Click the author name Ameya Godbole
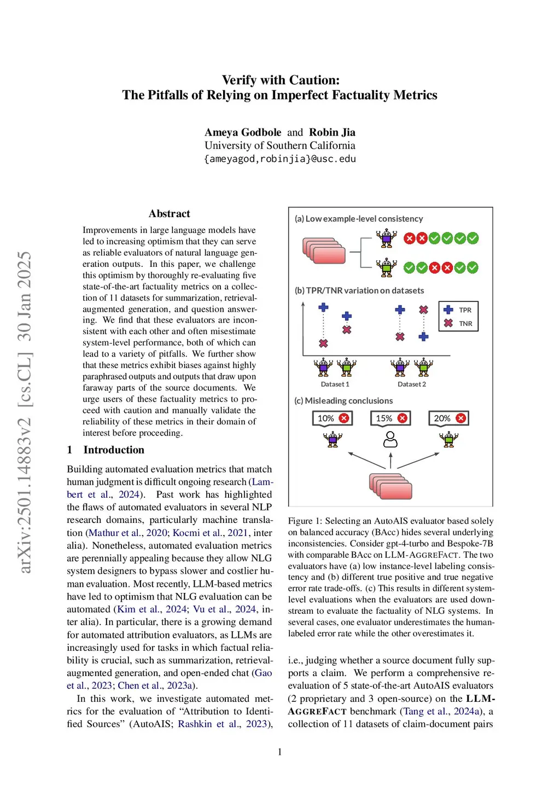click(x=243, y=132)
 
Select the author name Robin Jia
click(x=332, y=132)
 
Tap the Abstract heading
click(x=169, y=214)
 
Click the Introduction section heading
click(x=114, y=450)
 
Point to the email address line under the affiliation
click(x=279, y=159)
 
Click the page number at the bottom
click(x=279, y=752)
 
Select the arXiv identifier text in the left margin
click(x=25, y=412)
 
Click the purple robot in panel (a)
click(x=387, y=238)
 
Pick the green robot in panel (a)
click(x=387, y=267)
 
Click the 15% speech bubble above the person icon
click(x=390, y=418)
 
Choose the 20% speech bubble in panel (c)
click(x=449, y=418)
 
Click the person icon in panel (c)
click(x=390, y=439)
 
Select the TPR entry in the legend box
click(x=458, y=310)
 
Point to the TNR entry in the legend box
click(x=458, y=323)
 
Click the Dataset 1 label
click(x=335, y=385)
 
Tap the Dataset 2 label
click(x=412, y=385)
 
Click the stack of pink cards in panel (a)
click(x=324, y=251)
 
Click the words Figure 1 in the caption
click(x=300, y=521)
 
